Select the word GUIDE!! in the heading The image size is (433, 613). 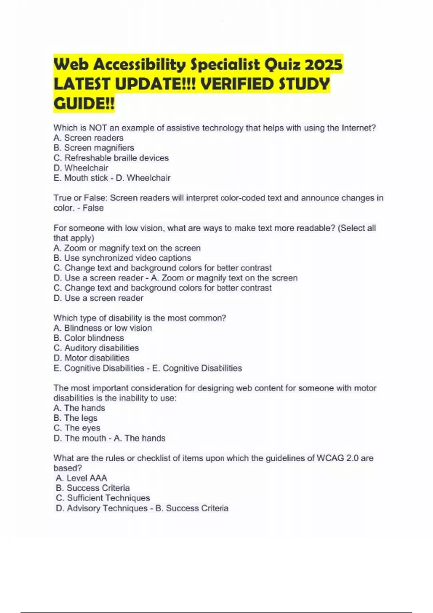(x=84, y=104)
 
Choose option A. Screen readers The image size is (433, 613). (x=88, y=138)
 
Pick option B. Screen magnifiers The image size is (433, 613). (x=94, y=148)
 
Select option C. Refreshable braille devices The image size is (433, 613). (x=111, y=158)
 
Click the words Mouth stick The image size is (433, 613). (x=86, y=178)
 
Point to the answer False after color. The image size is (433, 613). (x=93, y=208)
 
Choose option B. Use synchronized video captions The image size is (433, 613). (x=122, y=258)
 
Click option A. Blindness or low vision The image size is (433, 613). (x=103, y=328)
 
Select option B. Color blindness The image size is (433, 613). (x=89, y=338)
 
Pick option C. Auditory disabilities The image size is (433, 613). (x=96, y=348)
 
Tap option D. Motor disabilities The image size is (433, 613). (x=91, y=358)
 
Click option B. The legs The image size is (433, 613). (x=75, y=418)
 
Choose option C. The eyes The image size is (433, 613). (x=77, y=428)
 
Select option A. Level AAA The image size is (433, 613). (x=82, y=478)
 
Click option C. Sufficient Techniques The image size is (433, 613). (x=103, y=498)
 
